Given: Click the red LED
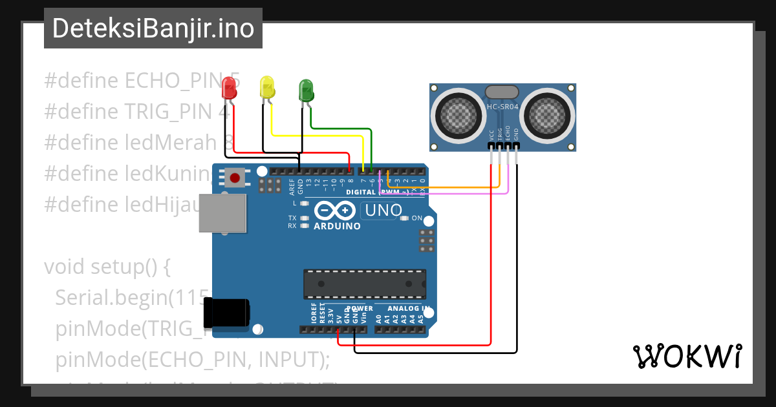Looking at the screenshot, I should point(229,89).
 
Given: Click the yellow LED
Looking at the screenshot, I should point(267,87).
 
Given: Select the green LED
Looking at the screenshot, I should point(306,90).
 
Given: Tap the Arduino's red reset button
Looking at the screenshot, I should point(235,178).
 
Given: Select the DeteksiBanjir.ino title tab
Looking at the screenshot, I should point(153,28).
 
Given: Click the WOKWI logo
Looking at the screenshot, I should point(687,357).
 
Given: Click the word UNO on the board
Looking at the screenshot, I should point(383,210).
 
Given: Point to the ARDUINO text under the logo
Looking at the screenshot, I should point(337,226).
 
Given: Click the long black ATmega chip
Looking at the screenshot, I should point(365,284).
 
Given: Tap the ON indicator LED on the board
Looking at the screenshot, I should point(405,218).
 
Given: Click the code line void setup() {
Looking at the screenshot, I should point(107,267).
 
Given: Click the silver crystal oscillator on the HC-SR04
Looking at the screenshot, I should point(502,92).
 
